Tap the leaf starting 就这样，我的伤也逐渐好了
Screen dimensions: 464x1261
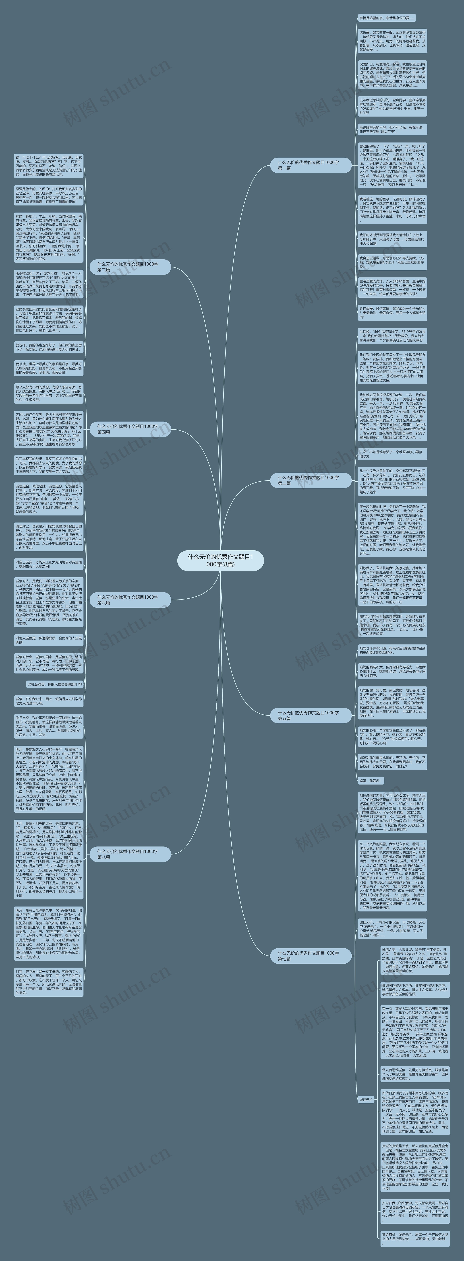[48, 347]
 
